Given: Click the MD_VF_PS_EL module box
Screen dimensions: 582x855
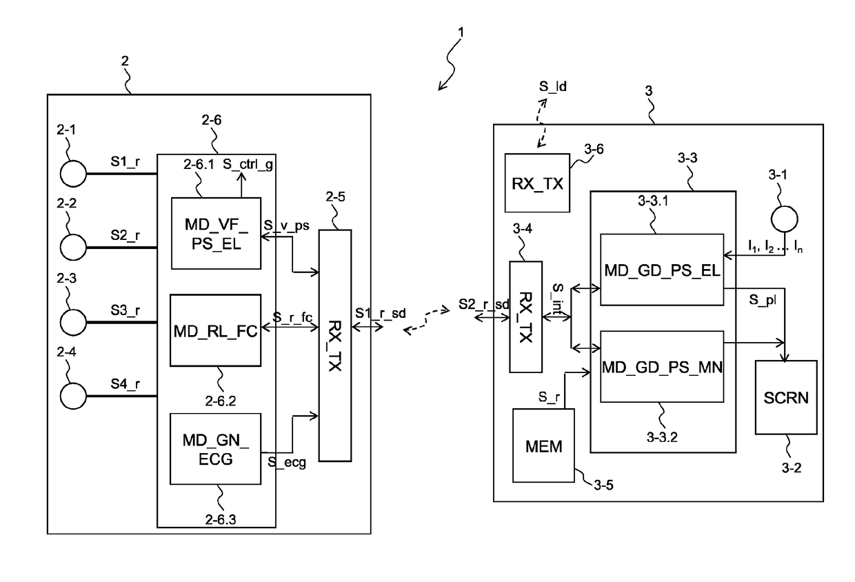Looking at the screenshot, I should (x=217, y=233).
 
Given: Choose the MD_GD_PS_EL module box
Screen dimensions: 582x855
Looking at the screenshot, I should (x=661, y=269).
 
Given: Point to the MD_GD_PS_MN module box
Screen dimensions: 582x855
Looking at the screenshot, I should (x=661, y=366).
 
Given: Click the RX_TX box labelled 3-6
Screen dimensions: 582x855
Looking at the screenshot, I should (x=537, y=182).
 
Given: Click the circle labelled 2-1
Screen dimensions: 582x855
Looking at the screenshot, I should (x=74, y=172).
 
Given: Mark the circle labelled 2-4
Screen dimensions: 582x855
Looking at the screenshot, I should (x=74, y=397).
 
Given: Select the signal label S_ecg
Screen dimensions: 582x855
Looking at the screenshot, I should (x=288, y=463).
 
